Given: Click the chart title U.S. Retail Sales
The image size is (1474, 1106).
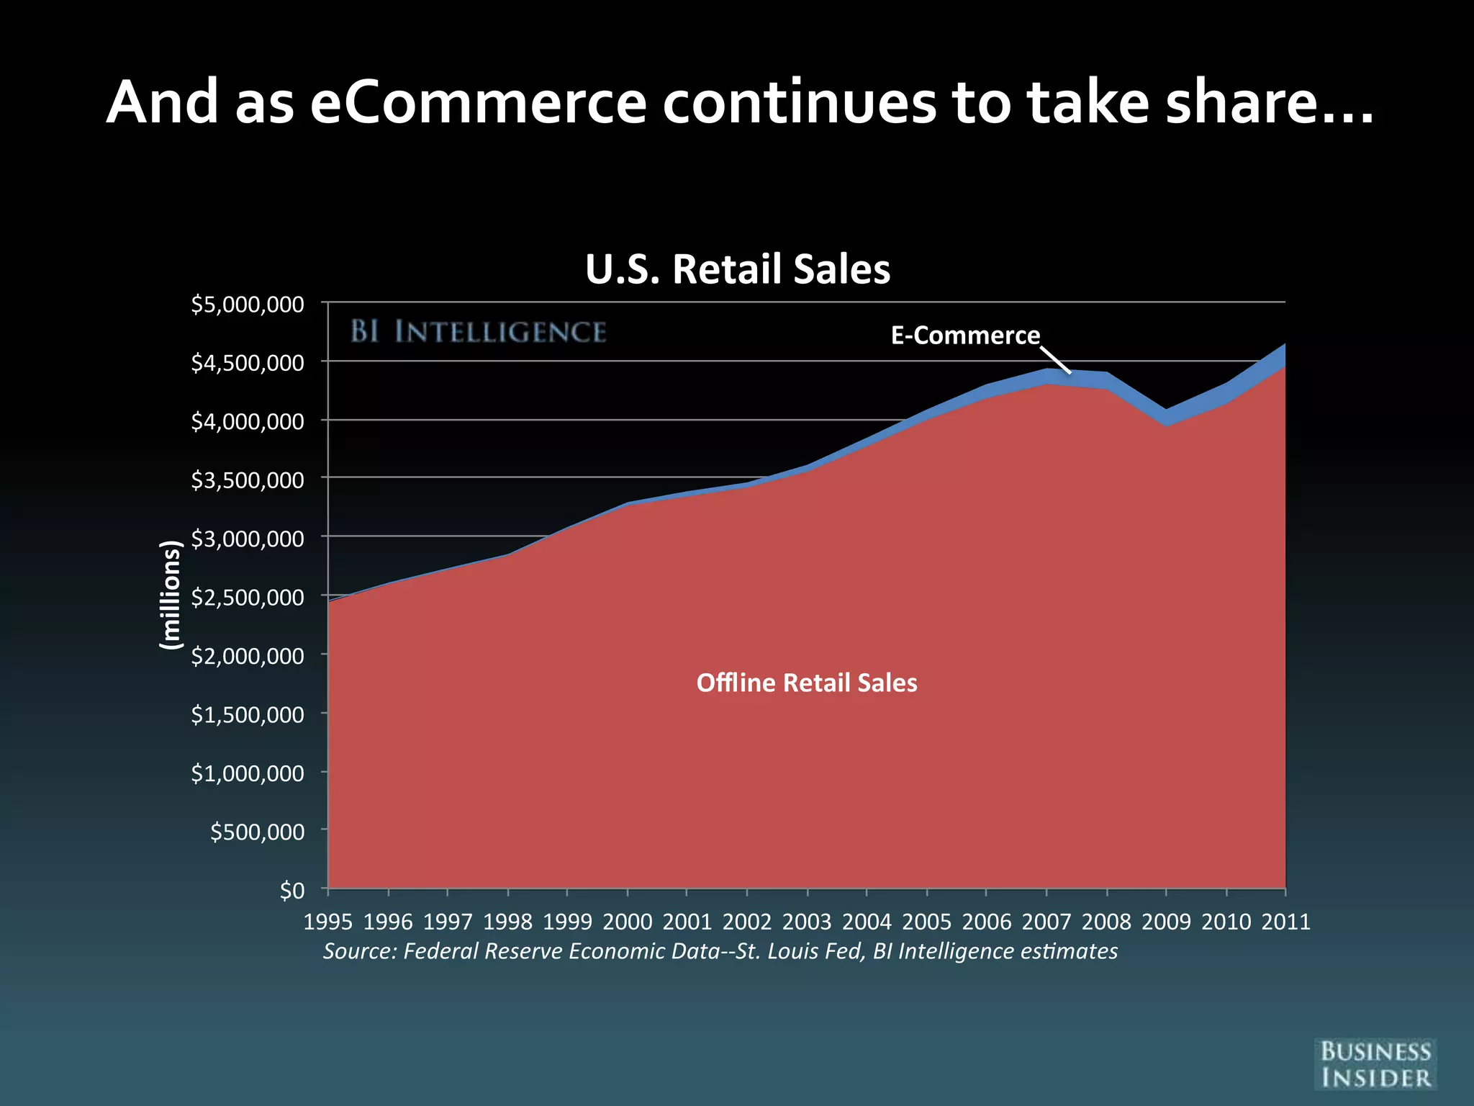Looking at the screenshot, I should click(738, 269).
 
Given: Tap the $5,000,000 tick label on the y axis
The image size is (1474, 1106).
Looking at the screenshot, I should click(248, 304).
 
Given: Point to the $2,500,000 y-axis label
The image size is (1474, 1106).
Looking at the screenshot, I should click(248, 597).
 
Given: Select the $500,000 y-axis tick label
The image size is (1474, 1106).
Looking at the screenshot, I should click(257, 832).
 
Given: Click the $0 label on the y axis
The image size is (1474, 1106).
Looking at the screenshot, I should click(292, 891).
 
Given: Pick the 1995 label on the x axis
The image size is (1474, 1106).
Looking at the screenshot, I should click(328, 922).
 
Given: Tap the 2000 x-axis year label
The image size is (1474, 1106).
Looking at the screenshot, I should click(628, 922).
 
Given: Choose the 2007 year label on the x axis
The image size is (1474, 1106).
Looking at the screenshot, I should click(1046, 922).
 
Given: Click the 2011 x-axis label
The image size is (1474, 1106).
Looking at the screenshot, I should click(1285, 922).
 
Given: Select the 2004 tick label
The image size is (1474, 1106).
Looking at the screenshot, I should click(867, 922).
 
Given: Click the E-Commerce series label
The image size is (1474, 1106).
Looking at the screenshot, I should click(965, 336).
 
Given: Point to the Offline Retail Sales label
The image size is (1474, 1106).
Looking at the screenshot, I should click(807, 683).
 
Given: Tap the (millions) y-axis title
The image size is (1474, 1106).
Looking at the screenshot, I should click(170, 595).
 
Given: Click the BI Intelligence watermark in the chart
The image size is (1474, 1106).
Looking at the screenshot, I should click(479, 332).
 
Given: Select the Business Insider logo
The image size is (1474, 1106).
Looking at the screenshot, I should click(1375, 1064).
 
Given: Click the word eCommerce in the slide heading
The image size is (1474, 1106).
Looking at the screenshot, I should click(479, 102).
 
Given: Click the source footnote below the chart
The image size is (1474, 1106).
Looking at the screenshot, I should click(720, 951).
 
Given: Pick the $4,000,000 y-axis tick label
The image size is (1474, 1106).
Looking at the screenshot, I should click(248, 421).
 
